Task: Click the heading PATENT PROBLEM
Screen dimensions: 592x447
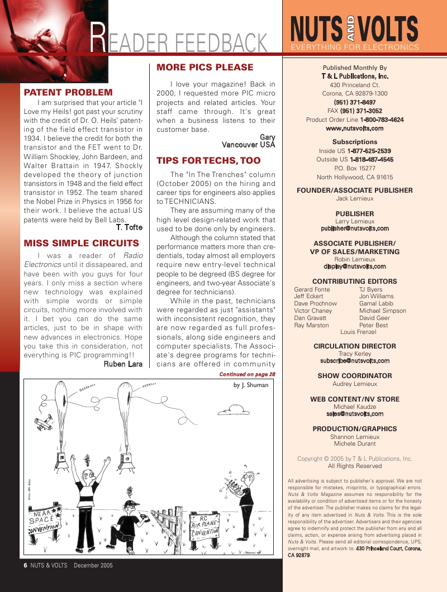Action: [x=68, y=92]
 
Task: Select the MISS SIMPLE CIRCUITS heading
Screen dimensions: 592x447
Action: [x=81, y=243]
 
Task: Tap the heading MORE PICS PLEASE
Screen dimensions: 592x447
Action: [x=205, y=68]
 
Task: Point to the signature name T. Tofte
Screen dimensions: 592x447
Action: [x=129, y=227]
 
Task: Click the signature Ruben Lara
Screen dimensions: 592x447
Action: [x=123, y=364]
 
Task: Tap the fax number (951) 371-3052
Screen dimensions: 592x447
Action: [x=358, y=111]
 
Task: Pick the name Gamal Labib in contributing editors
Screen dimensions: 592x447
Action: [x=376, y=303]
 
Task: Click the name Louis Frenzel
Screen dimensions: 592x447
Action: [x=358, y=332]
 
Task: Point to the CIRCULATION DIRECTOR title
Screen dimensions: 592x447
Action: [x=354, y=346]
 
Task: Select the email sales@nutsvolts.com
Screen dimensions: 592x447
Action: [x=354, y=414]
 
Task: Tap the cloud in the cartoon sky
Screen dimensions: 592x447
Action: [x=239, y=410]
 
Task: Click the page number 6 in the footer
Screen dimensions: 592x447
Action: [x=26, y=565]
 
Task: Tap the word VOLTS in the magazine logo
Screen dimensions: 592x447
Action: [x=389, y=30]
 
